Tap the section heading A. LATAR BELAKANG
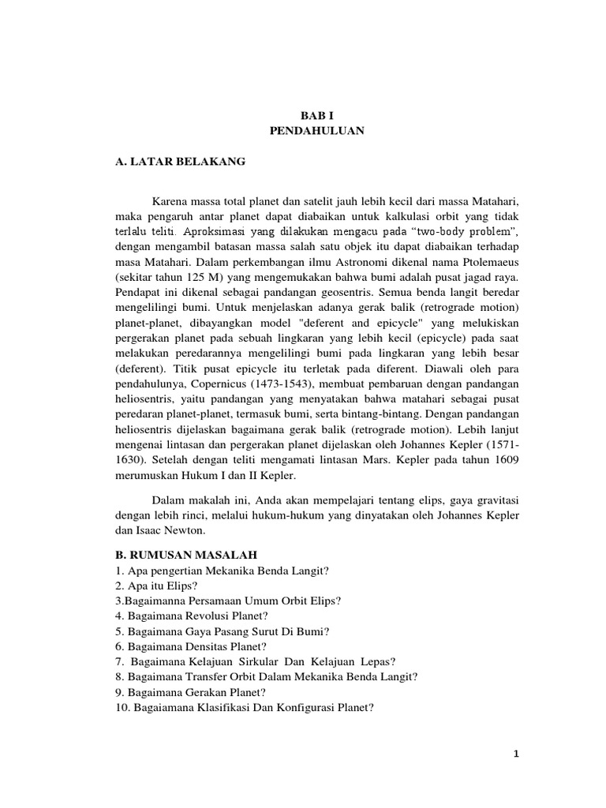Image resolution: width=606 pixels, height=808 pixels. coord(180,162)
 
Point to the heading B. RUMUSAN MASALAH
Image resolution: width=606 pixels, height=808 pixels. coord(185,555)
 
